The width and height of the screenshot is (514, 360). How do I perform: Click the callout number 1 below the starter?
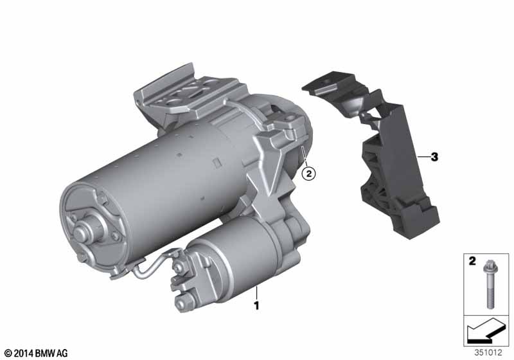pyautogui.click(x=256, y=305)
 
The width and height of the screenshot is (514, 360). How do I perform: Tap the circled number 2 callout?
pyautogui.click(x=309, y=173)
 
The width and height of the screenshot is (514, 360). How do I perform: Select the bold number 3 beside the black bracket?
pyautogui.click(x=434, y=157)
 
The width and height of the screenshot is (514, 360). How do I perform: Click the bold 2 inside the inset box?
pyautogui.click(x=472, y=261)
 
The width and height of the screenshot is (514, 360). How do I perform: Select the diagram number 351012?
pyautogui.click(x=488, y=353)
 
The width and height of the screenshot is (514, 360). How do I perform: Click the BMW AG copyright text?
pyautogui.click(x=35, y=353)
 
